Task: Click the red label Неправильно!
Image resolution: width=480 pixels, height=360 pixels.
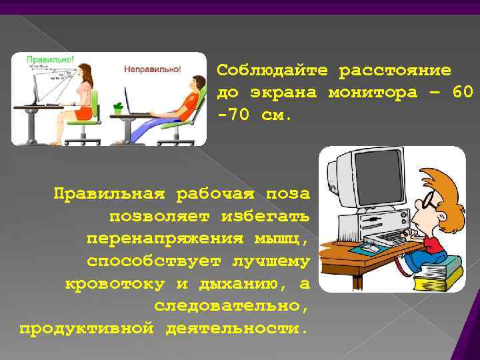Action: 151,69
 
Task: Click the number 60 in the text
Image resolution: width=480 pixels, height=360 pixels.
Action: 462,92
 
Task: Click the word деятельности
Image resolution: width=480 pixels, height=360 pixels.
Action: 238,329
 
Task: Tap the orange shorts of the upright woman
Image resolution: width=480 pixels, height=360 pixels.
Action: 82,113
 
